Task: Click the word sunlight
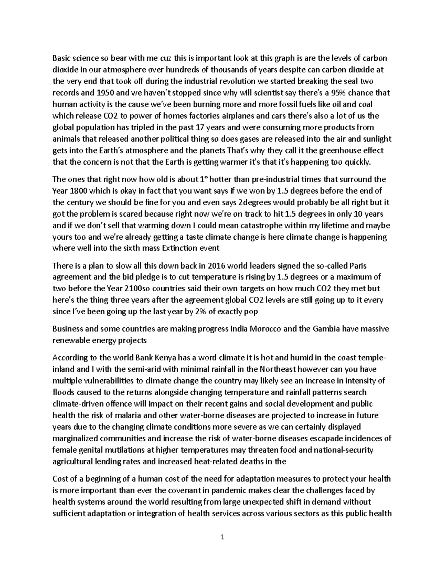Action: click(378, 139)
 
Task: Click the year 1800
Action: click(77, 191)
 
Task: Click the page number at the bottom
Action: click(223, 537)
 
